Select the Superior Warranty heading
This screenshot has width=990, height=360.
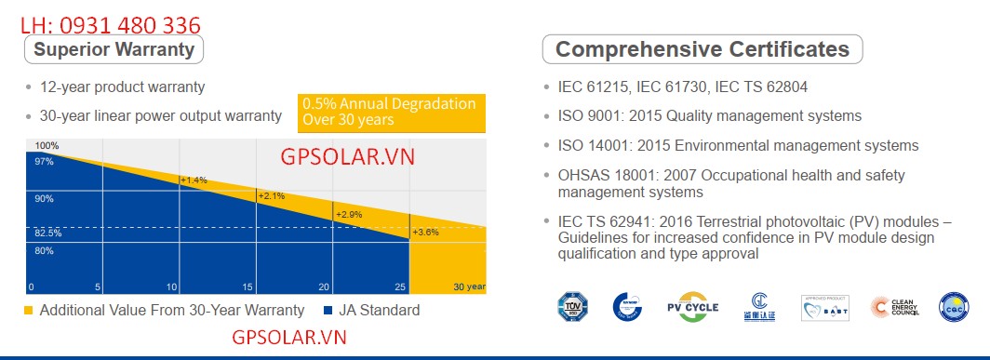coord(114,49)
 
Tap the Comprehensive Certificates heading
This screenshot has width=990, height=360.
coord(702,49)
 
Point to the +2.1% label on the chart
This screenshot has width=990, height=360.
coord(271,196)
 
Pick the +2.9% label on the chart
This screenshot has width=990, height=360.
coord(348,215)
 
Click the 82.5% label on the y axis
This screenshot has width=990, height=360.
coord(48,233)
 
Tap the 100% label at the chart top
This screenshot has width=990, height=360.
coord(47,146)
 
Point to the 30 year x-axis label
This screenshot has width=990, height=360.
coord(469,287)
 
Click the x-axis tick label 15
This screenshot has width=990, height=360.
coord(247,287)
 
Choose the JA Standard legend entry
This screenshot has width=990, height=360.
coord(371,311)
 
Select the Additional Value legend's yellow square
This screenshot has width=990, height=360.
coord(29,311)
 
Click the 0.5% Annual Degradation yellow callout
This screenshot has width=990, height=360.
coord(392,112)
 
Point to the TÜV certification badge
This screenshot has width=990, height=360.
coord(573,307)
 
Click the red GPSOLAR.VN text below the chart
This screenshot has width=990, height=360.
coord(288,338)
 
